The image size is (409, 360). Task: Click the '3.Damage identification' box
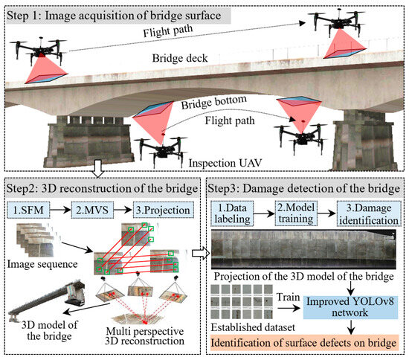(367, 213)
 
